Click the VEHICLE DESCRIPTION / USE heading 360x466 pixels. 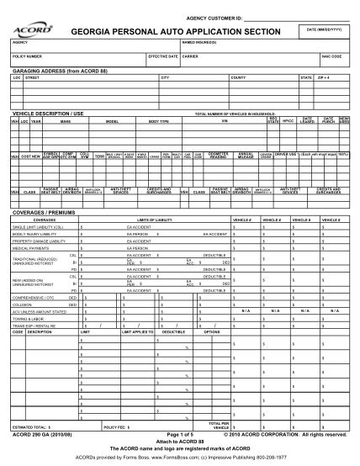tap(48, 112)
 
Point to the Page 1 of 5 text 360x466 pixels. tap(178, 433)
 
